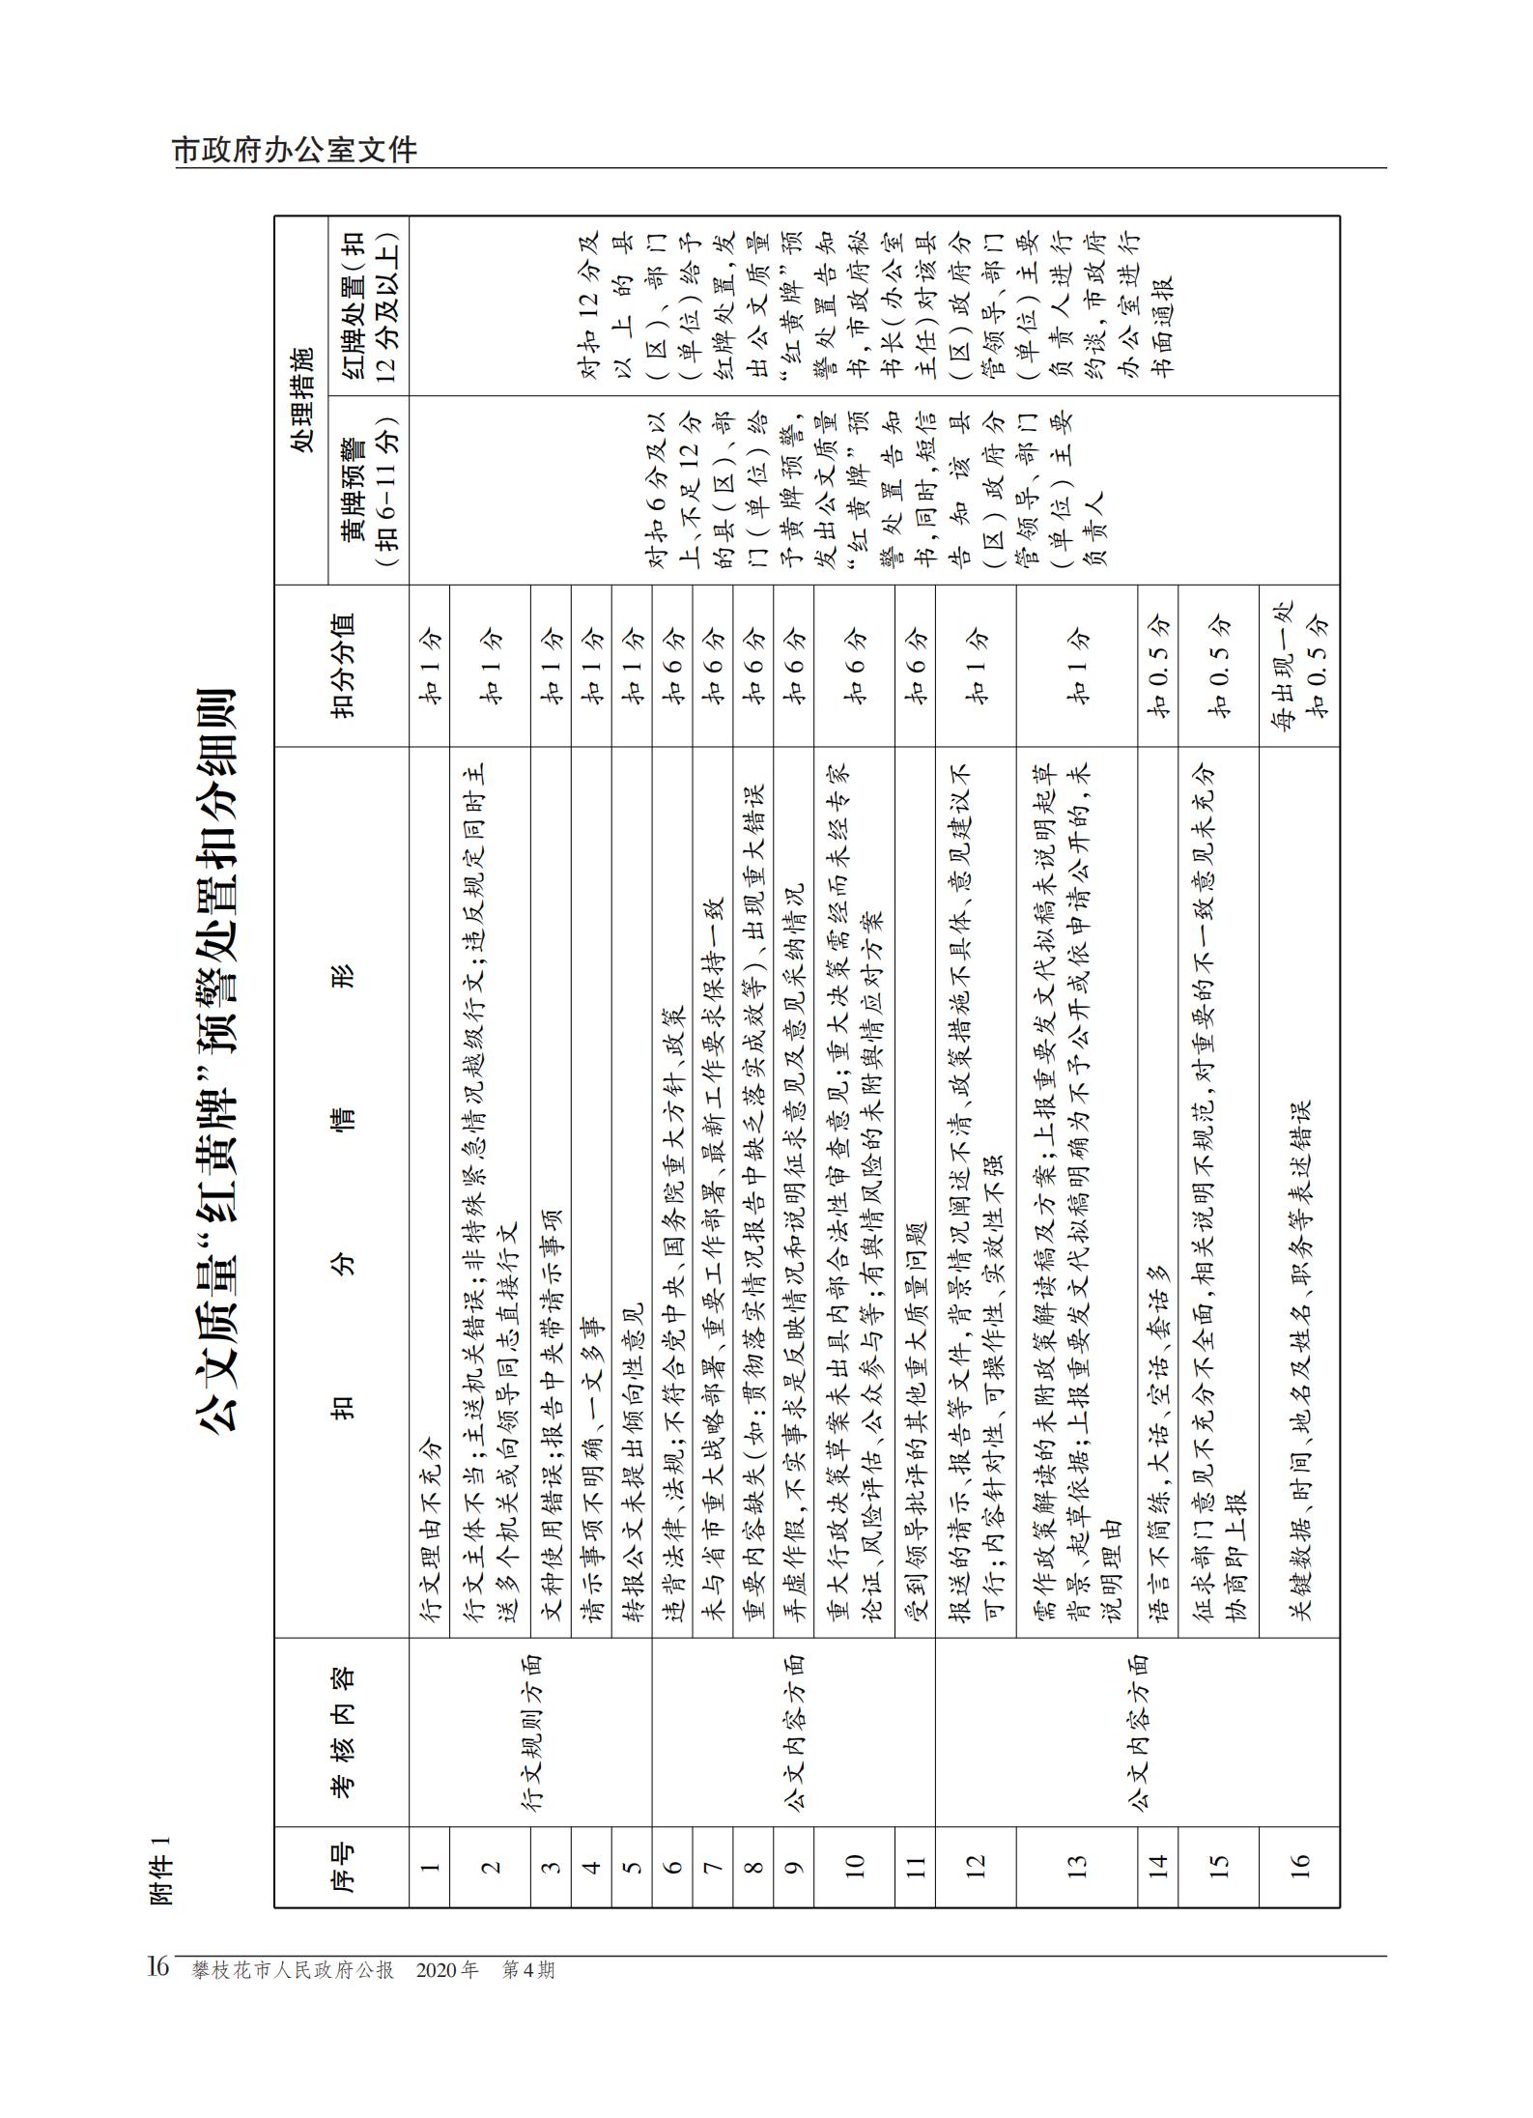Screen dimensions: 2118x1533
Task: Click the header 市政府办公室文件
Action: click(296, 151)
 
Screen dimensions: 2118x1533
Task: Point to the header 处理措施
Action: click(302, 400)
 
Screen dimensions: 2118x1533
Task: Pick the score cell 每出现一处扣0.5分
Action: click(1299, 666)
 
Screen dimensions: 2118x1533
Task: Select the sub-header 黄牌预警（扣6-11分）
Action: click(368, 490)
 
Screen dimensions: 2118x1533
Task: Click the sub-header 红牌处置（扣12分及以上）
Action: click(368, 305)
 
